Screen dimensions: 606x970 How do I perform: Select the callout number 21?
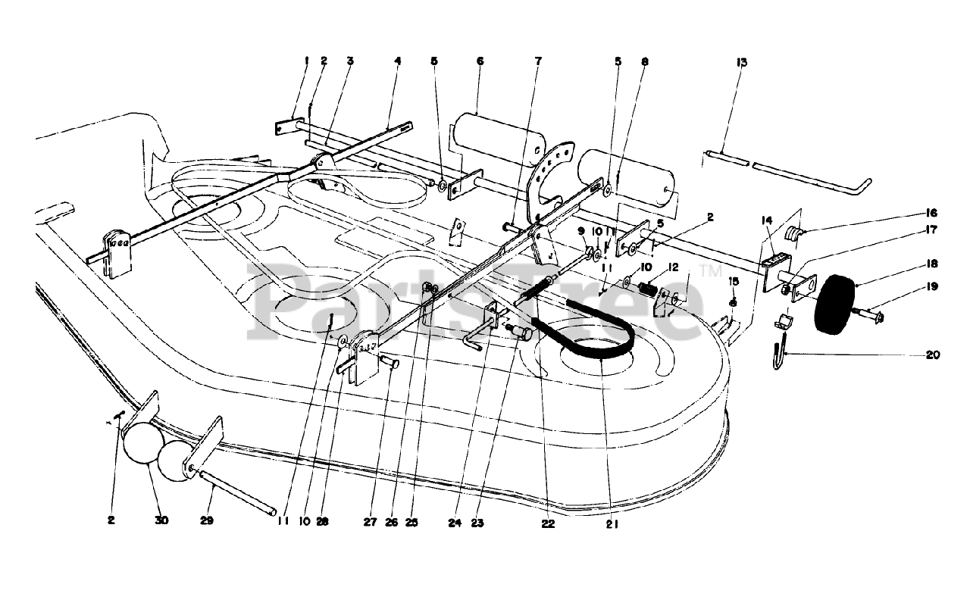pos(612,523)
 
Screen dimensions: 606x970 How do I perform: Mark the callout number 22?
pos(549,523)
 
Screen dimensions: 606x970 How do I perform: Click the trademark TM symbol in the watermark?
pos(711,269)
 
